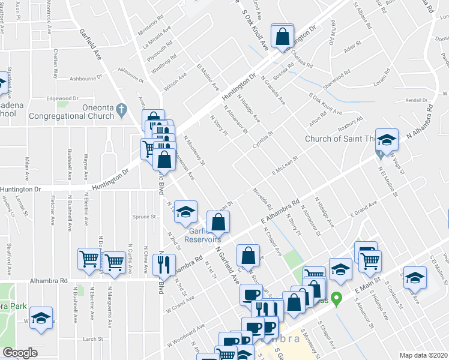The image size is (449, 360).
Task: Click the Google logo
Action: click(x=20, y=353)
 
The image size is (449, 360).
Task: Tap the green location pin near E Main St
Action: click(x=337, y=298)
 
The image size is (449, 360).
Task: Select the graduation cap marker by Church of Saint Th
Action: click(x=387, y=140)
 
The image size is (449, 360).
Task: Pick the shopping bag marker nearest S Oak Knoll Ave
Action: click(x=282, y=36)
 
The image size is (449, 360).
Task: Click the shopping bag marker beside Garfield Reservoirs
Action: click(x=218, y=222)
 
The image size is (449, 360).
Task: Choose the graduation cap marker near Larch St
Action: click(x=41, y=318)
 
